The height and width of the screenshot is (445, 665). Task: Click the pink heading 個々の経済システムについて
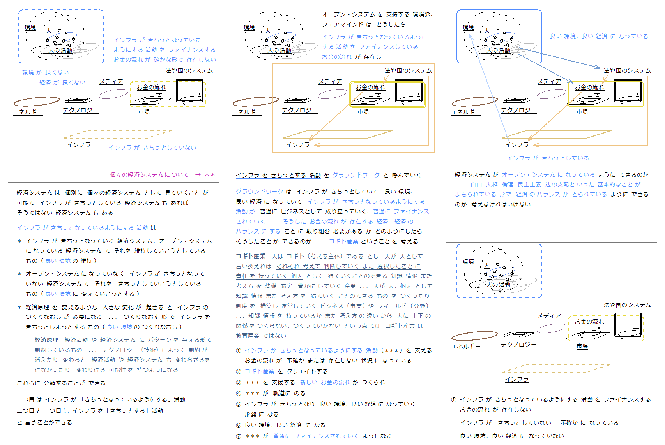(149, 175)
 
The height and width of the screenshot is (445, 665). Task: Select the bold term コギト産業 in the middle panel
(251, 256)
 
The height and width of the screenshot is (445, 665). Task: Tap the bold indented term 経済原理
(46, 340)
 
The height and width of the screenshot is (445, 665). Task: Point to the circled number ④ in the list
(239, 394)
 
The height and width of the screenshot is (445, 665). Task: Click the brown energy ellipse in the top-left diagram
(37, 101)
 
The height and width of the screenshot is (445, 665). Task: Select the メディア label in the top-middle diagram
(330, 81)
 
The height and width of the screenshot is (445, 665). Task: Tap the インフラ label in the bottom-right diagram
(517, 379)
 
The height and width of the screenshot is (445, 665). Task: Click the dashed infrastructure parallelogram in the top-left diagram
(118, 134)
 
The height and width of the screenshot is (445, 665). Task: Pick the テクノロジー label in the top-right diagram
(519, 110)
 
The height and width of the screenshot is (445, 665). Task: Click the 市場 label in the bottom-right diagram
(582, 346)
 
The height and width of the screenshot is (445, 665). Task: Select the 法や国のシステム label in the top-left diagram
(189, 70)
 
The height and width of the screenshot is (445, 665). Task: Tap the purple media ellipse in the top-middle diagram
(332, 94)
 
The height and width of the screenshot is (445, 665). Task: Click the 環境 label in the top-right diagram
(468, 27)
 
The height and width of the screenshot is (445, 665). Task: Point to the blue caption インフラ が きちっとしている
(548, 158)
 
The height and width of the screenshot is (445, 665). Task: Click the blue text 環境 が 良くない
(46, 72)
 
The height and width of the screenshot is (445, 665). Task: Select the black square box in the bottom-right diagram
(628, 325)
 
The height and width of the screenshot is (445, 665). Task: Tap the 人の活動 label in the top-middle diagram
(279, 50)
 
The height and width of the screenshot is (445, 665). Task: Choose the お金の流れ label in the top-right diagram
(590, 87)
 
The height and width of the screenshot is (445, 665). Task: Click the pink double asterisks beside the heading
(210, 175)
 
